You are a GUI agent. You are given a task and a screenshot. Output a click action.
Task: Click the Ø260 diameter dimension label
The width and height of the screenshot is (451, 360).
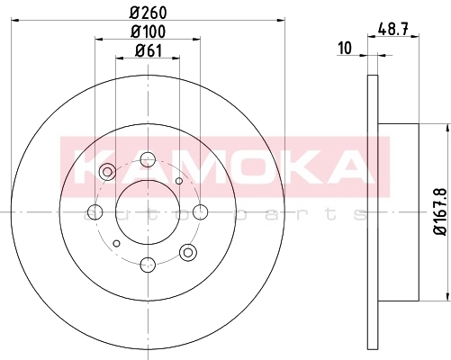click(149, 13)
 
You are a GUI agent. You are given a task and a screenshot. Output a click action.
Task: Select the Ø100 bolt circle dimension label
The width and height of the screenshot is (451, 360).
click(148, 31)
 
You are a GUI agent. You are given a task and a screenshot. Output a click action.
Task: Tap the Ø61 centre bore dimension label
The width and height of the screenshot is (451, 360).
click(149, 50)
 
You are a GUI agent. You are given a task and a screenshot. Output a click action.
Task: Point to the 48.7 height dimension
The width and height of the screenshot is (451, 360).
click(393, 30)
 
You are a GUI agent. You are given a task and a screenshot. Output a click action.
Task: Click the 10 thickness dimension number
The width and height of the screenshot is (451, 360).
click(345, 49)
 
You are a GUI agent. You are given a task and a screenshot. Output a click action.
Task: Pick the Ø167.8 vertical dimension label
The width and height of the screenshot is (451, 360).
click(440, 212)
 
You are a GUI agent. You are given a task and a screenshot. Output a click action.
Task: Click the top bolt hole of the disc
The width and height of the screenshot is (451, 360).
click(148, 159)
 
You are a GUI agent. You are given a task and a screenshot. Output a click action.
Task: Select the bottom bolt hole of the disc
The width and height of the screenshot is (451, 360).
click(148, 265)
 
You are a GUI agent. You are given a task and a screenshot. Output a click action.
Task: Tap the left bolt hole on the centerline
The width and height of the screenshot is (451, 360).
click(95, 212)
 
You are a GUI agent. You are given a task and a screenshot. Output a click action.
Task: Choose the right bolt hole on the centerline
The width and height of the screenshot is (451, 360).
click(201, 212)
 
